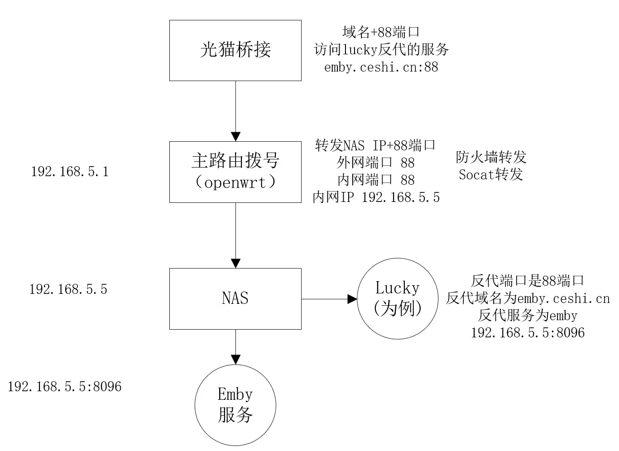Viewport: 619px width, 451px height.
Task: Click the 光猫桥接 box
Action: point(235,50)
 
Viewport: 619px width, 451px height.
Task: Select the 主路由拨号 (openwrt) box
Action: point(235,172)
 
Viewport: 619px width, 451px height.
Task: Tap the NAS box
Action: point(235,298)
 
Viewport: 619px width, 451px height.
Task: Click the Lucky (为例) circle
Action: point(398,299)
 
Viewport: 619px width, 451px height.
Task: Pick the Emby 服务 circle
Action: point(235,405)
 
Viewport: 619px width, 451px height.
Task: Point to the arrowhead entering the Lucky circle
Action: point(352,299)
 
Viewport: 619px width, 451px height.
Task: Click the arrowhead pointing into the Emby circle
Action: point(235,359)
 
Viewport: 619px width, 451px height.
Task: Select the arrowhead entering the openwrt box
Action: point(235,136)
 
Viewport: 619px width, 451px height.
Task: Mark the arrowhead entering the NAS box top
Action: point(235,263)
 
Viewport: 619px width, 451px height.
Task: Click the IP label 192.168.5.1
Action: point(70,172)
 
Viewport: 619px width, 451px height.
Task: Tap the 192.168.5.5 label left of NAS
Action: point(68,289)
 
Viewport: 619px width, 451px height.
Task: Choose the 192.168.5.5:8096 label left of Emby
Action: point(65,386)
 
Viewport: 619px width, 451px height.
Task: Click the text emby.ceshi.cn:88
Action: point(381,67)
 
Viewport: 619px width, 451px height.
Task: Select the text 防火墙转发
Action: point(491,157)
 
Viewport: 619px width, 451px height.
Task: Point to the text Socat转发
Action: point(491,174)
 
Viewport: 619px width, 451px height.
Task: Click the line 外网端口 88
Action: point(375,163)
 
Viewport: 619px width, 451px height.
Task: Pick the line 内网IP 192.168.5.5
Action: point(376,197)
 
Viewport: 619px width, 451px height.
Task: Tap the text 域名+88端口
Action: point(381,32)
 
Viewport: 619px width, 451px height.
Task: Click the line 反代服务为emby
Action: point(528,315)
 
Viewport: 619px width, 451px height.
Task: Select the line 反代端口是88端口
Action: point(528,281)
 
